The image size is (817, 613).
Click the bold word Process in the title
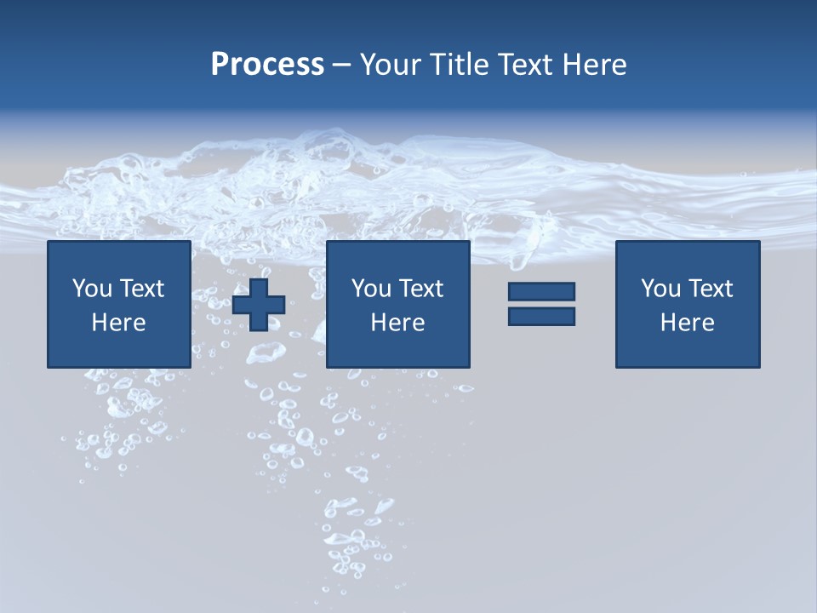267,65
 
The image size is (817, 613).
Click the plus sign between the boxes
259,304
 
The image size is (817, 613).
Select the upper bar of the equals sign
541,292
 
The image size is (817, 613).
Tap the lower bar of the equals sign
541,316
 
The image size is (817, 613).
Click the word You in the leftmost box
92,289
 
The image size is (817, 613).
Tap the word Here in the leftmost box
118,323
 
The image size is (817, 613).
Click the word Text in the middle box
421,289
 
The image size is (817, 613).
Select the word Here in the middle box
397,323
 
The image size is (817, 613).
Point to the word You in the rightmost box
660,289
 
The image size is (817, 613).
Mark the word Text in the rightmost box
711,289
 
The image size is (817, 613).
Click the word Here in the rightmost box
687,323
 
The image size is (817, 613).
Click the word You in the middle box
371,289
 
